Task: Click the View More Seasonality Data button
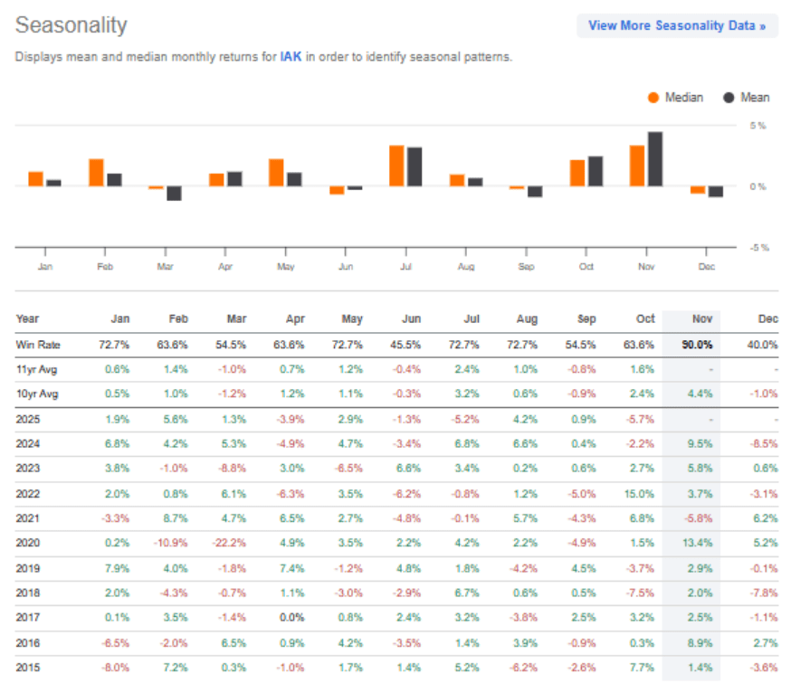(677, 25)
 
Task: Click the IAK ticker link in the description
(291, 56)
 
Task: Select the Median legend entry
(675, 98)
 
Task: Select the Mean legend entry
(747, 98)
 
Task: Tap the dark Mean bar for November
(655, 159)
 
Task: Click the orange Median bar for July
(396, 166)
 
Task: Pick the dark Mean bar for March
(174, 193)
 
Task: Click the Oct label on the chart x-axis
(586, 267)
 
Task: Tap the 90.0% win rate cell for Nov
(699, 345)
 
